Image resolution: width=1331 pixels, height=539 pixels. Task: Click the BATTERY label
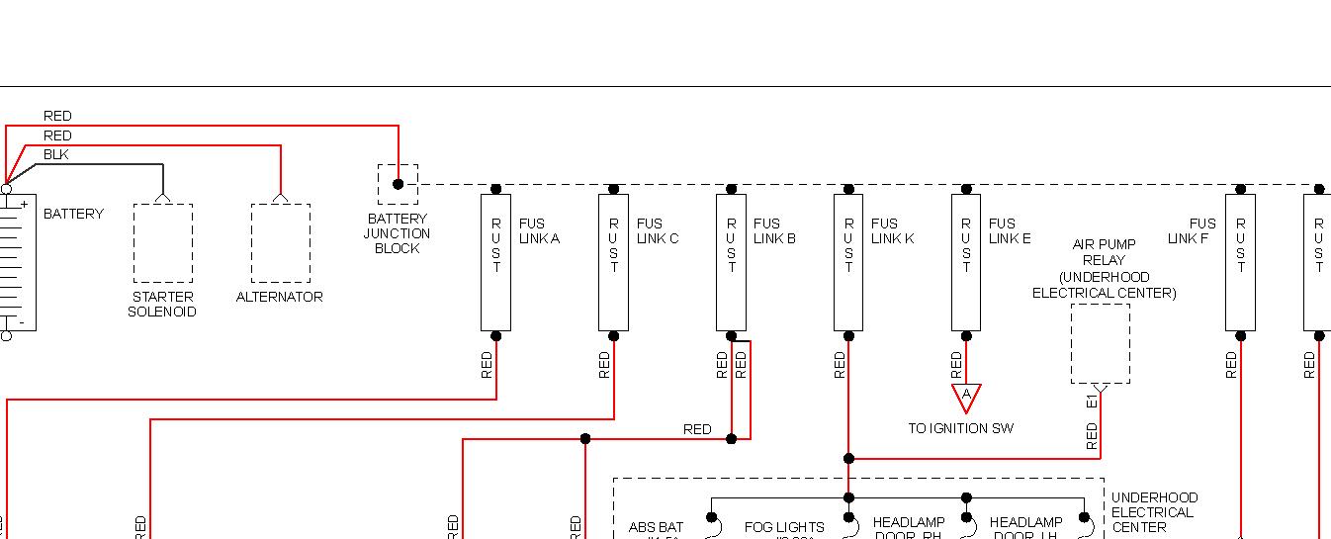(73, 214)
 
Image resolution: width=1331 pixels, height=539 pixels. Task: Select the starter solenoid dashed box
(163, 243)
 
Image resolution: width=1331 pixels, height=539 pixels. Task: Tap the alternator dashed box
(280, 243)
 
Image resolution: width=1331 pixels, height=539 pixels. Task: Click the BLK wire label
(56, 154)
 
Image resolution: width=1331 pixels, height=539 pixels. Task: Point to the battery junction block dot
(398, 184)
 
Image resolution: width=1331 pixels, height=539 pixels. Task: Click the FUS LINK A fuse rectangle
(495, 262)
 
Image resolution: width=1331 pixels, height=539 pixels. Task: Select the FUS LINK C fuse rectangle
(613, 262)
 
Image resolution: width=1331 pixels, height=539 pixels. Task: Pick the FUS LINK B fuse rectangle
(731, 262)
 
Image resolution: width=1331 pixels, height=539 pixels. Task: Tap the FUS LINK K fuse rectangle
(848, 262)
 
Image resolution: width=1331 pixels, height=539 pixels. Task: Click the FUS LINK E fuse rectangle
(966, 262)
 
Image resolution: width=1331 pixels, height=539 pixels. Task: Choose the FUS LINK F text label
(1192, 230)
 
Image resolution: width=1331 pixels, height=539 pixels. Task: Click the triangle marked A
(966, 397)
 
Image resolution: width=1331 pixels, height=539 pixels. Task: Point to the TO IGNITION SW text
(960, 428)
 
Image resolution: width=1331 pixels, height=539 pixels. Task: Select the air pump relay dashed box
(1100, 343)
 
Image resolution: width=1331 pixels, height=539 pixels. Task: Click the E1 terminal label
(1092, 400)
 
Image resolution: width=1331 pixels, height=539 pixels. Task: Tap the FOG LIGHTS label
(784, 528)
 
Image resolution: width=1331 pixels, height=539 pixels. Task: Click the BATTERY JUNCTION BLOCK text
(397, 233)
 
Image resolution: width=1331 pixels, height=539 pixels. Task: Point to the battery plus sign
(24, 204)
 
